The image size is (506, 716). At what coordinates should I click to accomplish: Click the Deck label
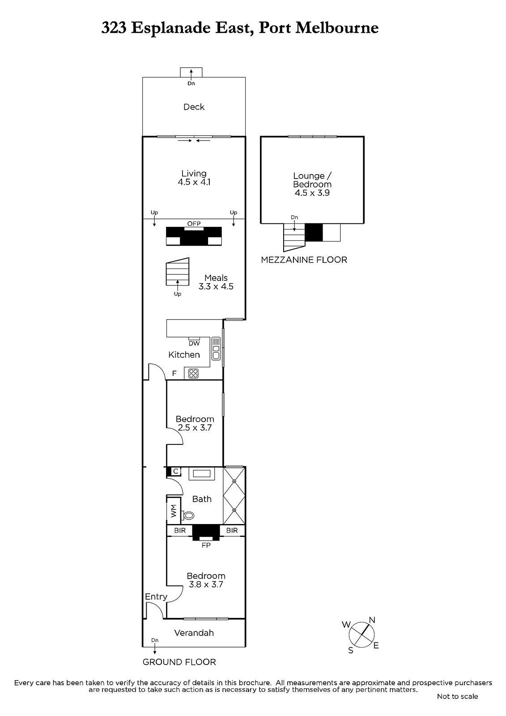pyautogui.click(x=194, y=107)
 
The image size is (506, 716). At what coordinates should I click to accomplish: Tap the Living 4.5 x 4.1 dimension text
pyautogui.click(x=194, y=182)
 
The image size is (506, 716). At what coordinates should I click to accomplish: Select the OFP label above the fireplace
pyautogui.click(x=194, y=224)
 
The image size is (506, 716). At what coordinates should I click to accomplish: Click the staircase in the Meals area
pyautogui.click(x=178, y=272)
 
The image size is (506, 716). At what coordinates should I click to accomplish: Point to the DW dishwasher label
pyautogui.click(x=194, y=343)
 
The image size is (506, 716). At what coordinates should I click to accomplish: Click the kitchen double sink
pyautogui.click(x=216, y=349)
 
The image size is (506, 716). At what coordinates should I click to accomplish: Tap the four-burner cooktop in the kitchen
pyautogui.click(x=193, y=373)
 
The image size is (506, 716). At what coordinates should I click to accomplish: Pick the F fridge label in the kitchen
pyautogui.click(x=174, y=373)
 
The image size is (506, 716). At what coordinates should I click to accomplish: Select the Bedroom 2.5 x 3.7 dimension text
pyautogui.click(x=195, y=428)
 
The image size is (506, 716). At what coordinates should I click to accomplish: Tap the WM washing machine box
pyautogui.click(x=174, y=511)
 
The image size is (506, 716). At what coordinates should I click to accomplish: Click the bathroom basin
pyautogui.click(x=202, y=473)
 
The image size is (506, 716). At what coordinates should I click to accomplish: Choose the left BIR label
pyautogui.click(x=180, y=531)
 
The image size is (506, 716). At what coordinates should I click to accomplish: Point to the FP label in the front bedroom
pyautogui.click(x=206, y=545)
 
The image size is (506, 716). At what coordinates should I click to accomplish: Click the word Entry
pyautogui.click(x=156, y=597)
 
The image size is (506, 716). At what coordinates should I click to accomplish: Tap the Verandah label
pyautogui.click(x=194, y=633)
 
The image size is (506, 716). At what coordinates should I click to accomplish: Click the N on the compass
pyautogui.click(x=372, y=620)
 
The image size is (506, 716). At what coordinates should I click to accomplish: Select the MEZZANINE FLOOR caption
pyautogui.click(x=304, y=260)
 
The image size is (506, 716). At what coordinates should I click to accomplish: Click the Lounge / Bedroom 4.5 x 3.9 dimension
pyautogui.click(x=312, y=193)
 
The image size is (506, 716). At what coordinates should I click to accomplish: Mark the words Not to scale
pyautogui.click(x=457, y=696)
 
